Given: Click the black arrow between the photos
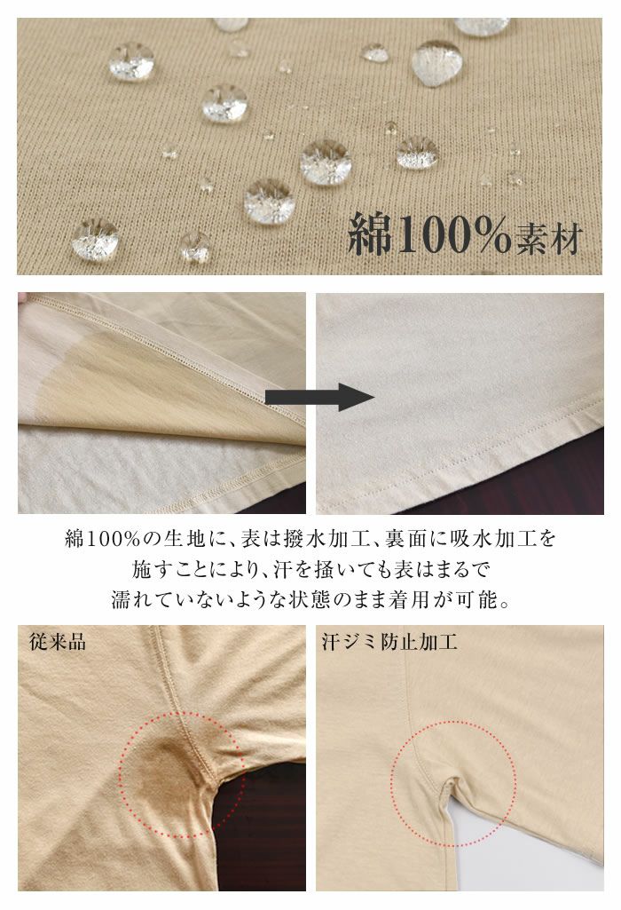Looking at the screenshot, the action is coord(319,397).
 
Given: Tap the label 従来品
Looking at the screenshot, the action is coord(58,642).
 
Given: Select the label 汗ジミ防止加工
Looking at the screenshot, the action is coord(389,642).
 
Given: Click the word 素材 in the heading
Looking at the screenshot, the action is coord(547,239).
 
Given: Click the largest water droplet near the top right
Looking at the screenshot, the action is coord(436,62).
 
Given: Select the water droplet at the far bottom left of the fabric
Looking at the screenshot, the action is coord(96,239).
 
